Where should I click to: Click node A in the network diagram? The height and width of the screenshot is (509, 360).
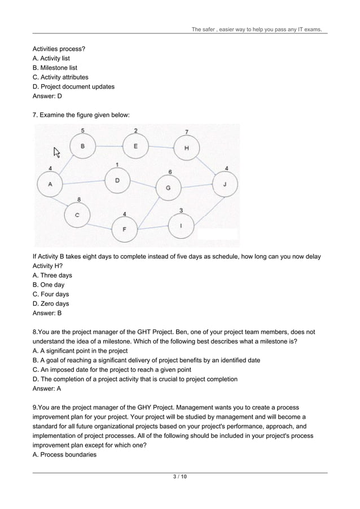50,184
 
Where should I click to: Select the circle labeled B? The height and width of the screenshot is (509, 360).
83,146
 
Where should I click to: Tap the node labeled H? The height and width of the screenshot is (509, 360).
187,149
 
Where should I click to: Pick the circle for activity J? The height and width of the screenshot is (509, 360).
225,184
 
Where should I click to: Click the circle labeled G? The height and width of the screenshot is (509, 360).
168,187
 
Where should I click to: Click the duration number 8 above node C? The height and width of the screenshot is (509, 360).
78,199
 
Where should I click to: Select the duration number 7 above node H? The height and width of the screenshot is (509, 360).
187,132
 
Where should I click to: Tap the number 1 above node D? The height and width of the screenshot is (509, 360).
117,164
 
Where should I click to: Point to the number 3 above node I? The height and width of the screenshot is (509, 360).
181,210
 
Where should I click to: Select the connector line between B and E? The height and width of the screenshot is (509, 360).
109,146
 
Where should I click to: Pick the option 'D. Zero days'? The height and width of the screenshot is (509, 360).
51,304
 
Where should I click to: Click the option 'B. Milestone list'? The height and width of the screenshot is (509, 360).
55,68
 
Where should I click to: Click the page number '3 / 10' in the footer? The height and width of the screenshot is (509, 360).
179,477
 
